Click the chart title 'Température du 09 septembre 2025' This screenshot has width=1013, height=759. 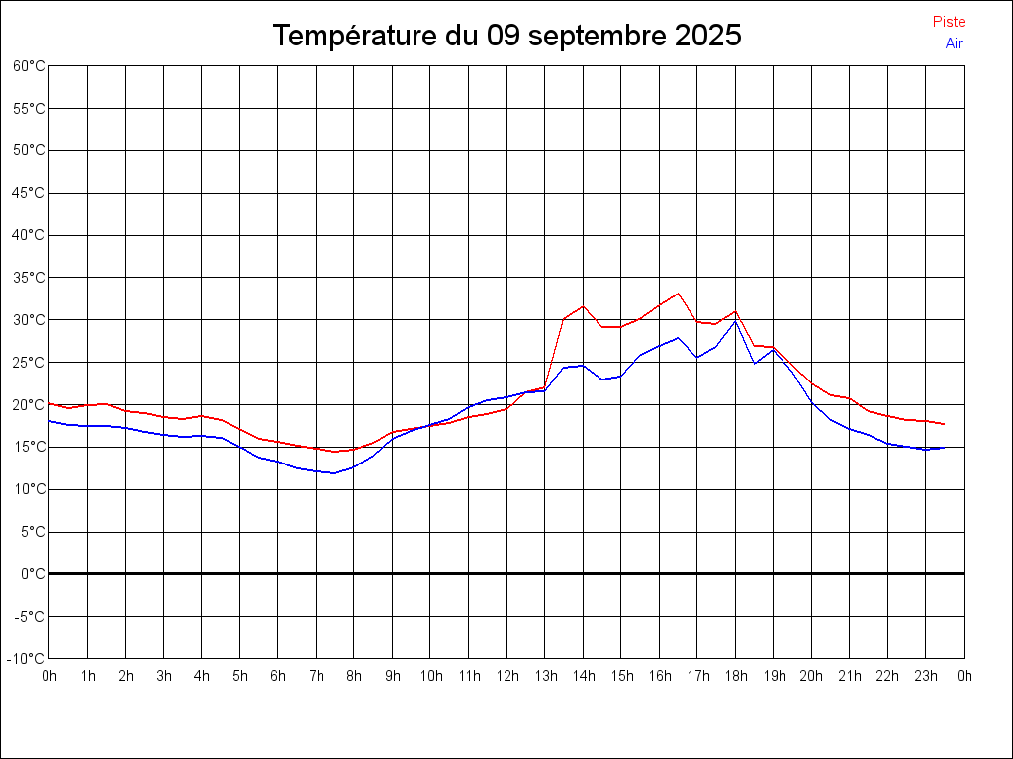click(506, 36)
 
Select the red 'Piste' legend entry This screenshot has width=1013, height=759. click(949, 22)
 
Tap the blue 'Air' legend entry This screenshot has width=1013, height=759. click(954, 43)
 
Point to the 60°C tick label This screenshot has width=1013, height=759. click(29, 66)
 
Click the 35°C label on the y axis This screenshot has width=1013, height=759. click(29, 278)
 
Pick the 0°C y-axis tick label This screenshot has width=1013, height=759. click(33, 573)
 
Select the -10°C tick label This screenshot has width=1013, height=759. click(27, 658)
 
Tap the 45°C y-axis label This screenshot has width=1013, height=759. click(29, 193)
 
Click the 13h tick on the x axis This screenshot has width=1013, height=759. click(545, 676)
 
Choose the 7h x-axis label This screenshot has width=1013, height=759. click(317, 676)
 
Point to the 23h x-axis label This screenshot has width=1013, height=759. click(926, 676)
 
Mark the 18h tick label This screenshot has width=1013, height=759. click(736, 676)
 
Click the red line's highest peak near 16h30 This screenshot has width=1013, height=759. click(678, 294)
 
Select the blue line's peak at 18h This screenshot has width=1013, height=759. click(735, 321)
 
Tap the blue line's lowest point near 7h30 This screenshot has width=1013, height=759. click(334, 473)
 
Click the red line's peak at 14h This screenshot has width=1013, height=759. click(583, 306)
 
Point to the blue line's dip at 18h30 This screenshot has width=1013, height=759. click(755, 364)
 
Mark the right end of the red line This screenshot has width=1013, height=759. click(945, 424)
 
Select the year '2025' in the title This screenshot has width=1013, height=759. click(708, 36)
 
